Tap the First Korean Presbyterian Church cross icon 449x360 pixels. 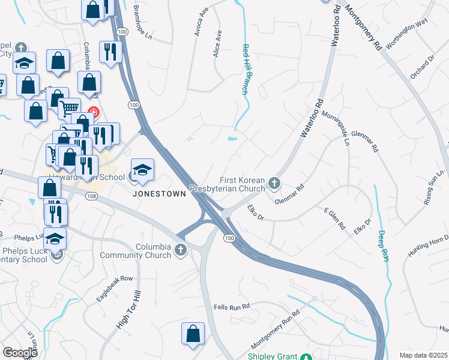274,182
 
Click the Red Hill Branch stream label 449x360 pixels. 245,69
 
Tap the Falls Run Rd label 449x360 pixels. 231,307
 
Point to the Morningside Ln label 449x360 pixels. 335,128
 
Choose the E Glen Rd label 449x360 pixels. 335,220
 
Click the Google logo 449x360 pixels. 20,353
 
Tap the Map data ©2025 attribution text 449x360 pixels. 423,355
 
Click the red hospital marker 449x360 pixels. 93,112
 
